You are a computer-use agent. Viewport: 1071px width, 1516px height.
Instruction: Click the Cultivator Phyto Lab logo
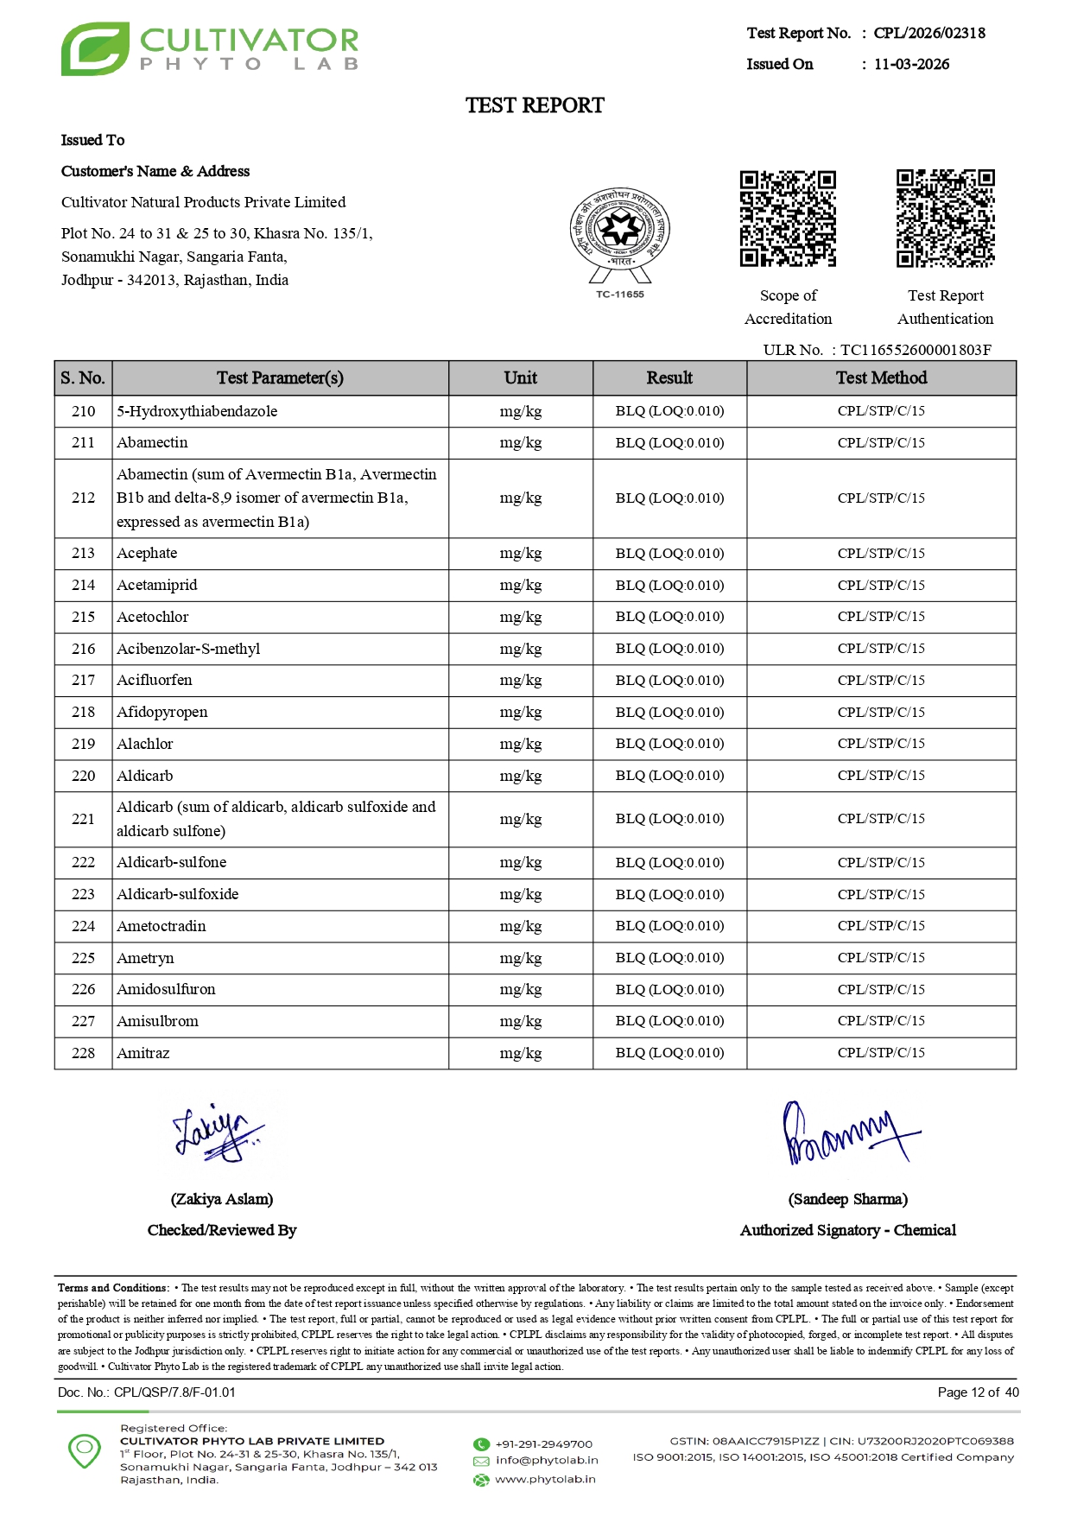tap(209, 49)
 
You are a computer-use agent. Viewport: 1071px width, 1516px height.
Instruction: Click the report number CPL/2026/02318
tap(928, 33)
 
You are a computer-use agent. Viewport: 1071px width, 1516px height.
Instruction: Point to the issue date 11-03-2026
tap(911, 64)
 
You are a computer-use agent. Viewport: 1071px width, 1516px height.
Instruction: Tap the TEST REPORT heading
tap(535, 105)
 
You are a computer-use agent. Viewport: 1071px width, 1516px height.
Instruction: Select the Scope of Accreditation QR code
tap(788, 219)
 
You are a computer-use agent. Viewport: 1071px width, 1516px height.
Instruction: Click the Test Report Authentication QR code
tap(945, 219)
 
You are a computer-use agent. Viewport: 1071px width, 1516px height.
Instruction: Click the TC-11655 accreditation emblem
tap(619, 238)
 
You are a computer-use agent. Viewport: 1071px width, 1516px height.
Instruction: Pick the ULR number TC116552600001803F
tap(916, 350)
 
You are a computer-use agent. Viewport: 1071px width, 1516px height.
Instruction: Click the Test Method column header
tap(881, 377)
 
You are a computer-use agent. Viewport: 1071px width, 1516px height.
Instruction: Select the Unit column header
tap(520, 377)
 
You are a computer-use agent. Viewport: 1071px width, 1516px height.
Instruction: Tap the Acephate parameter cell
tap(147, 553)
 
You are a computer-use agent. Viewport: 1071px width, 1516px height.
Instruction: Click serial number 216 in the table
tap(83, 649)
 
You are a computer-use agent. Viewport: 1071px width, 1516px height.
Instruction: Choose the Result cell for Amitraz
tap(669, 1053)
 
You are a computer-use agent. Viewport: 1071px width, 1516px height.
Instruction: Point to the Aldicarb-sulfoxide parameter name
tap(177, 894)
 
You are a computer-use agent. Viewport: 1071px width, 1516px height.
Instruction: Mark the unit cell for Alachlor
tap(520, 744)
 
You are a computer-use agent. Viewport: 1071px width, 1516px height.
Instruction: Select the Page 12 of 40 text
tap(978, 1392)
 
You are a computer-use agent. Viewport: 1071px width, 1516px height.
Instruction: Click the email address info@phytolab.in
tap(546, 1461)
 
